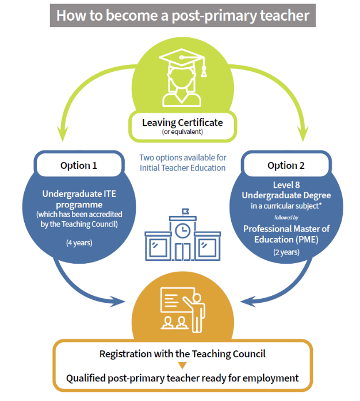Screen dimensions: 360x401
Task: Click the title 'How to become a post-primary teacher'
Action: click(182, 16)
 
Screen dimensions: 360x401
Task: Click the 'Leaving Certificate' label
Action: click(182, 122)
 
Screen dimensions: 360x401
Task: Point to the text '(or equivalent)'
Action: click(182, 132)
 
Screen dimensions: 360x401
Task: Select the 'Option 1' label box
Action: click(79, 165)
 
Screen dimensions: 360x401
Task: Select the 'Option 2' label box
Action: click(286, 165)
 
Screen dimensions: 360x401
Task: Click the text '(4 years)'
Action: click(79, 242)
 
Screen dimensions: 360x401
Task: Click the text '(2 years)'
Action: click(286, 252)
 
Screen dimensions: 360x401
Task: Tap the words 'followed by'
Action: click(286, 217)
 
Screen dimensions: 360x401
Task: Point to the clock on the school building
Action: click(182, 231)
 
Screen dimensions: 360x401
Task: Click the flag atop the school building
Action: click(185, 211)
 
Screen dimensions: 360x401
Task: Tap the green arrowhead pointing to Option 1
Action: click(63, 133)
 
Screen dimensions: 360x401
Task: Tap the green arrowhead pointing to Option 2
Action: click(303, 133)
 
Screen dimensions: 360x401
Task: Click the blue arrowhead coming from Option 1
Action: click(117, 302)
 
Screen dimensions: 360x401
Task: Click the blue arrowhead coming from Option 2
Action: click(248, 302)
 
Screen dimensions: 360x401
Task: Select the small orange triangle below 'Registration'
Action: click(182, 365)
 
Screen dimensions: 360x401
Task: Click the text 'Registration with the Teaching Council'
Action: click(182, 354)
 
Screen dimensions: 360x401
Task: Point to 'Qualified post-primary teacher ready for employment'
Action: click(182, 378)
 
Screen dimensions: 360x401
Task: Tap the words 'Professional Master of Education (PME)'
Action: click(286, 234)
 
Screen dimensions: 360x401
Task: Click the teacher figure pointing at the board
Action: click(196, 313)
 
